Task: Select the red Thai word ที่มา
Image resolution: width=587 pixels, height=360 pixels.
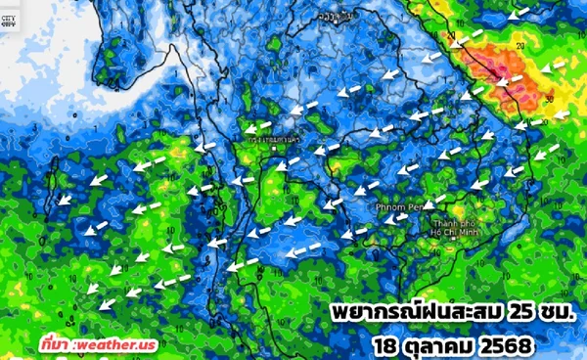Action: point(56,344)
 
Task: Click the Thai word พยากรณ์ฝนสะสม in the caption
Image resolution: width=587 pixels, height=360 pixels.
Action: point(412,315)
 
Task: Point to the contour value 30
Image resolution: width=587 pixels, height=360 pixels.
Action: point(551,99)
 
